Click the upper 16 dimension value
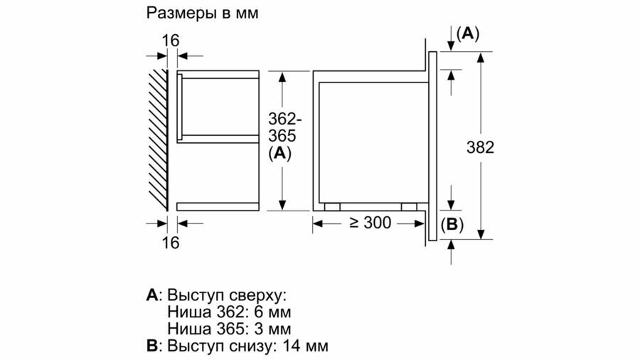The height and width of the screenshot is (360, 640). click(170, 41)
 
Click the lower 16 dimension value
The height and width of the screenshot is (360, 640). click(170, 243)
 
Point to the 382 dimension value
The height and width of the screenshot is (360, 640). click(480, 148)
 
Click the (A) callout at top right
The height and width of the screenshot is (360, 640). click(468, 33)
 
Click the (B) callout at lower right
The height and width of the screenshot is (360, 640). click(452, 226)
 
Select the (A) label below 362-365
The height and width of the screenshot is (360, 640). click(282, 152)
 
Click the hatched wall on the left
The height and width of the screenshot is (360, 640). click(157, 139)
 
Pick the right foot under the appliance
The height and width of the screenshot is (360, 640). click(409, 207)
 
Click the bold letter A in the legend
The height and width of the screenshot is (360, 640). click(151, 295)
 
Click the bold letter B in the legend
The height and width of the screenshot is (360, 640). click(151, 346)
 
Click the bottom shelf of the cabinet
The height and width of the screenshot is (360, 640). click(218, 206)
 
